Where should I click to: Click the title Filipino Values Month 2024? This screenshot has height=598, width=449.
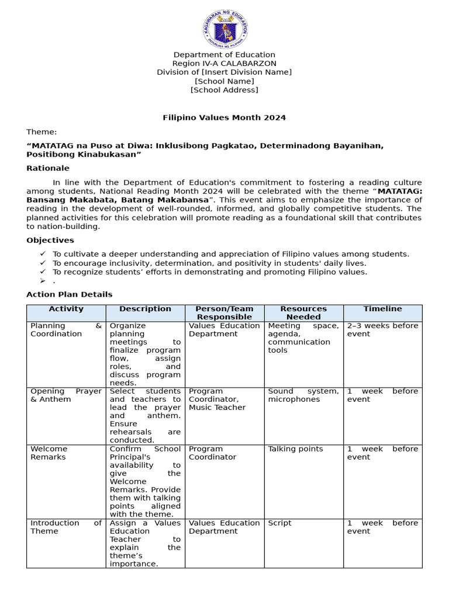pos(224,117)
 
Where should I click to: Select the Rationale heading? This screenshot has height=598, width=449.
pos(48,168)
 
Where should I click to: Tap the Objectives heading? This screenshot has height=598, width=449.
pos(50,240)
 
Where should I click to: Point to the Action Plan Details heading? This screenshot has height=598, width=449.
pos(69,294)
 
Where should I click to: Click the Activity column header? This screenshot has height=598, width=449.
pos(66,309)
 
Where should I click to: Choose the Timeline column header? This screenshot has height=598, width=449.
pos(382,309)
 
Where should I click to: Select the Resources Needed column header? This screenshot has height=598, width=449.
pos(303,313)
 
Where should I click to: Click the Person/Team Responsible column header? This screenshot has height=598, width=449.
pos(224,313)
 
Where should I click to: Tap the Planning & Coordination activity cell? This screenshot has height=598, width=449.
pos(66,330)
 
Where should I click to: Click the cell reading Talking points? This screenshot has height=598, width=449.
pos(295,449)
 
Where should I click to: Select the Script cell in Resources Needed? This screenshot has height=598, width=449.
pos(279,523)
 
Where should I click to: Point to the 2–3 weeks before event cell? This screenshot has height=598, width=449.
pos(382,330)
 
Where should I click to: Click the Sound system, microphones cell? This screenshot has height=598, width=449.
pos(303,395)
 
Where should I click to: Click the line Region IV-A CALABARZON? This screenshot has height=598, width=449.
pos(224,64)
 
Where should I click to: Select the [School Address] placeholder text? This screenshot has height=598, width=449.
pos(224,90)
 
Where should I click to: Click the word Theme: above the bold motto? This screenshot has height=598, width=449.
pos(42,133)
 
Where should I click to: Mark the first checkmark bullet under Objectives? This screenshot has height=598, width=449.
pos(43,254)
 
